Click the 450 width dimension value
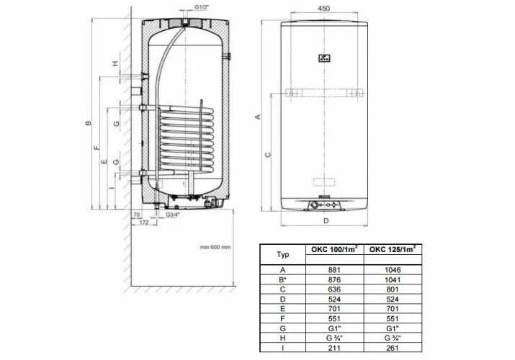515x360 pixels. (324, 9)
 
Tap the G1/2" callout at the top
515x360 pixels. (202, 7)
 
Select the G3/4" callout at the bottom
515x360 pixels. (173, 215)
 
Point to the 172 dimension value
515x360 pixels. (144, 222)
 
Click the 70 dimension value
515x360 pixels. (136, 215)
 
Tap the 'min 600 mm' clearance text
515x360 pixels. (215, 247)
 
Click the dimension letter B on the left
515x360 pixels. (89, 123)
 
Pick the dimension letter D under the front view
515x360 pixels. (326, 221)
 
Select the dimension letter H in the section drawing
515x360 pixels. (116, 63)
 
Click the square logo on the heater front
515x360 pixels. (324, 58)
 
